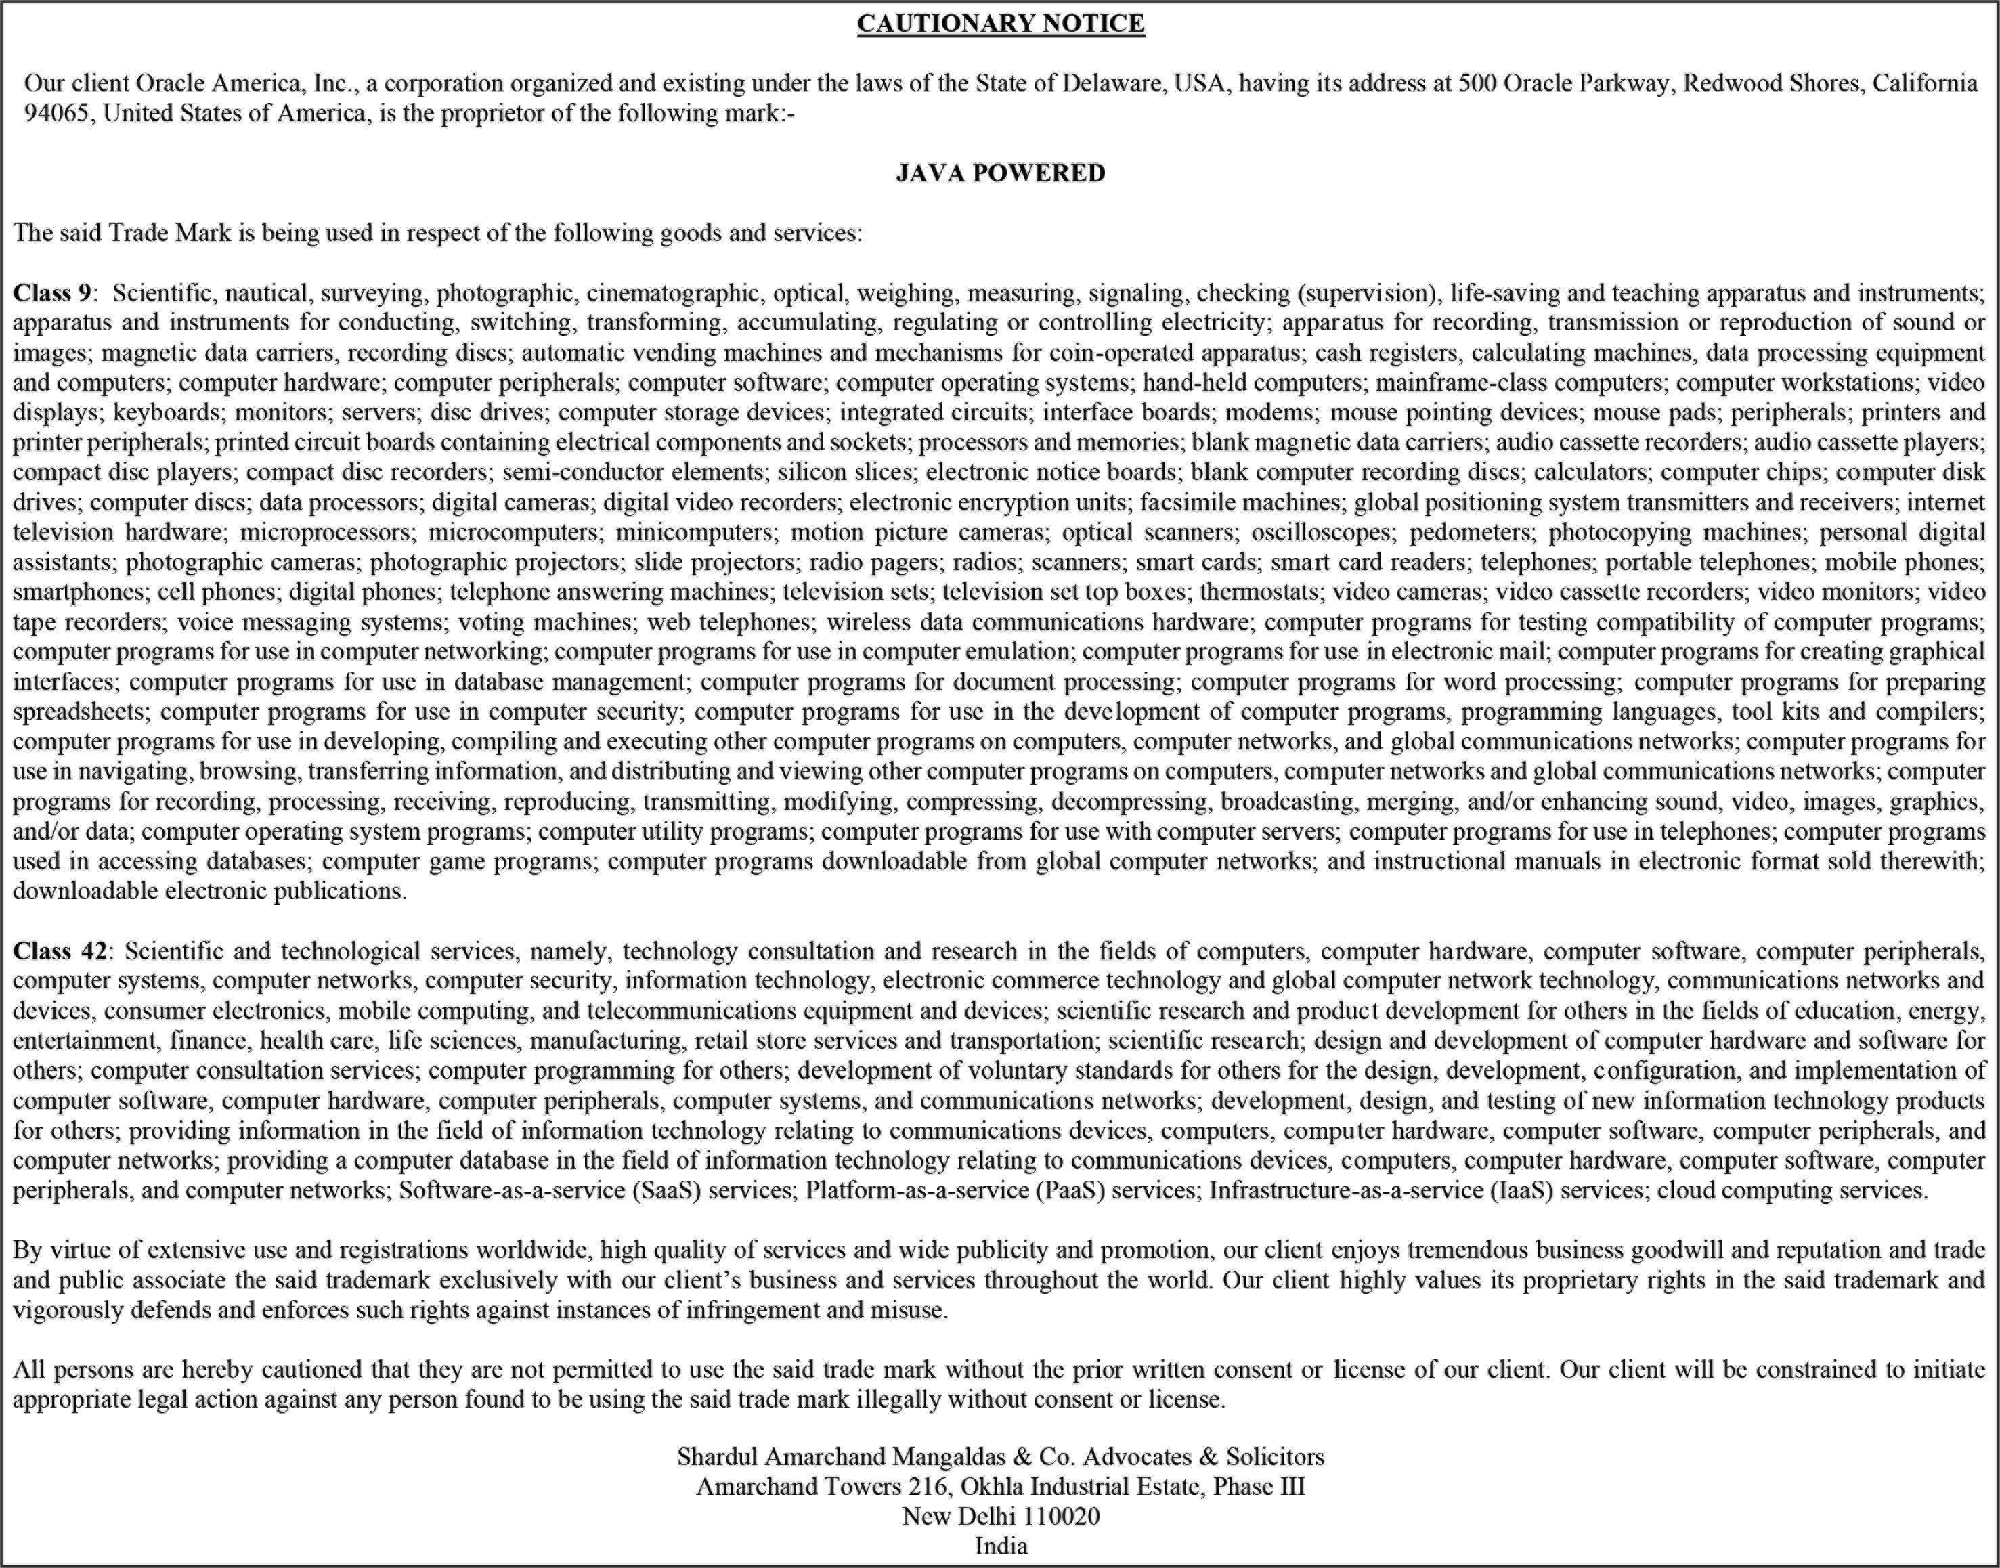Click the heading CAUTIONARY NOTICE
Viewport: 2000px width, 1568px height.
tap(1001, 24)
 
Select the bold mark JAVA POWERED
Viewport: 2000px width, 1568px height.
tap(1001, 173)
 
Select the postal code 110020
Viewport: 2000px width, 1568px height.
tap(1061, 1516)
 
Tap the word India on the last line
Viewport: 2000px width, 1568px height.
tap(1001, 1546)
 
